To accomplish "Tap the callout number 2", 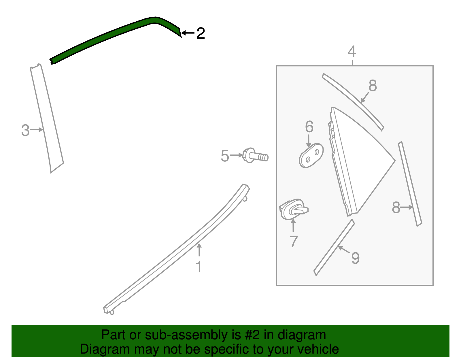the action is (x=201, y=33).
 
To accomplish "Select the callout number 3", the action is (x=25, y=130).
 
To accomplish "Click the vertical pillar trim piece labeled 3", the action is (x=47, y=119).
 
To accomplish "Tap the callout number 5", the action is (x=225, y=156).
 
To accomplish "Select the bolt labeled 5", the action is (x=256, y=155).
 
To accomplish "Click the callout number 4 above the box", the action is (x=352, y=52).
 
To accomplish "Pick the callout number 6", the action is (x=309, y=127).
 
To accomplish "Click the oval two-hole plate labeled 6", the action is (x=311, y=155).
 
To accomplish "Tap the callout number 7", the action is (x=294, y=242).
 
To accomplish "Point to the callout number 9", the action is (x=355, y=258).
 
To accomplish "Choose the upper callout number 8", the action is (x=373, y=86).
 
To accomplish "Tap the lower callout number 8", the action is (x=396, y=208).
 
